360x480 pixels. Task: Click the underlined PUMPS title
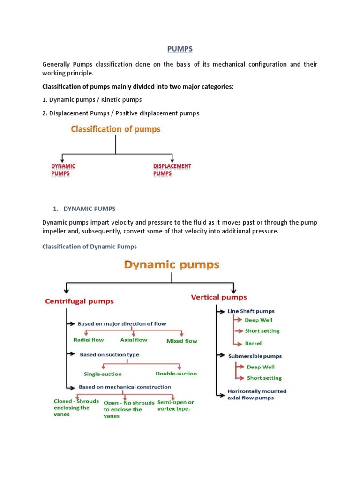[180, 49]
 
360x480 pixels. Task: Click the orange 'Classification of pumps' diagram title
[115, 129]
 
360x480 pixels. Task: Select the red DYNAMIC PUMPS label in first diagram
[63, 170]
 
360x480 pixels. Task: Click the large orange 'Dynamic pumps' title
[172, 265]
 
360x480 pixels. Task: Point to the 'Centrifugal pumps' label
[79, 301]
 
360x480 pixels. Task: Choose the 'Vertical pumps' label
[219, 297]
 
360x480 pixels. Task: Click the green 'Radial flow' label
[89, 340]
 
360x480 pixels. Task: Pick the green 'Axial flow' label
[134, 340]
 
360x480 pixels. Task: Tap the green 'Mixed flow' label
[182, 341]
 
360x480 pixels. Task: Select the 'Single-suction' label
[103, 374]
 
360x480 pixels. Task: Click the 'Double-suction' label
[176, 374]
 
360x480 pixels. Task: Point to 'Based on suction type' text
[109, 355]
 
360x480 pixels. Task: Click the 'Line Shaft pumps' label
[251, 311]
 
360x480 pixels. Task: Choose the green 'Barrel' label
[253, 343]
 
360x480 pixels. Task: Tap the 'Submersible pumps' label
[255, 356]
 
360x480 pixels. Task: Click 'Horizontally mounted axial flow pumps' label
[257, 394]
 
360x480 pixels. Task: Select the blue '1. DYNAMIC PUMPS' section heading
[89, 208]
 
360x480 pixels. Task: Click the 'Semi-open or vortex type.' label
[176, 405]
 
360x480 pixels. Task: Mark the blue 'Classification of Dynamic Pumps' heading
[90, 247]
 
